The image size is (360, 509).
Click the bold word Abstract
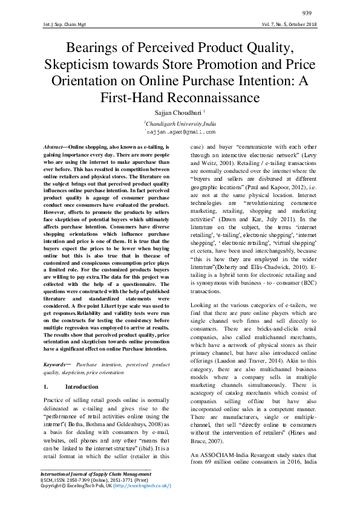click(56, 147)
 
